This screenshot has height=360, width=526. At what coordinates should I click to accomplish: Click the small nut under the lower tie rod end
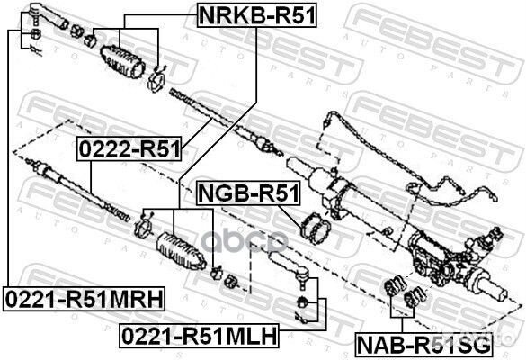[x=302, y=300]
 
